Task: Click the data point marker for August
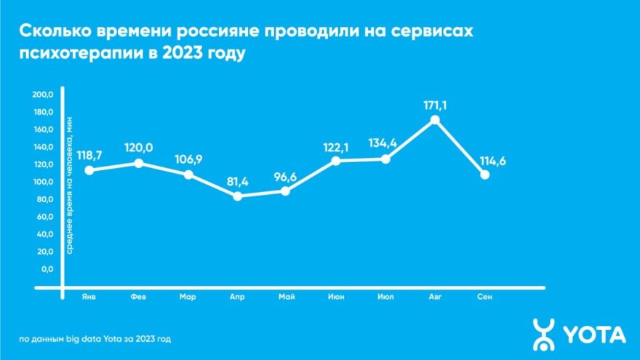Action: coord(435,120)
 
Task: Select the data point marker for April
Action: coord(237,196)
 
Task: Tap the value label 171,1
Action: coord(435,105)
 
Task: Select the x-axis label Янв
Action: coord(89,297)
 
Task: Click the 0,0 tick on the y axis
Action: coord(47,269)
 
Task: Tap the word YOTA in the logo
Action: coord(595,335)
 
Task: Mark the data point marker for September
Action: coord(484,175)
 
